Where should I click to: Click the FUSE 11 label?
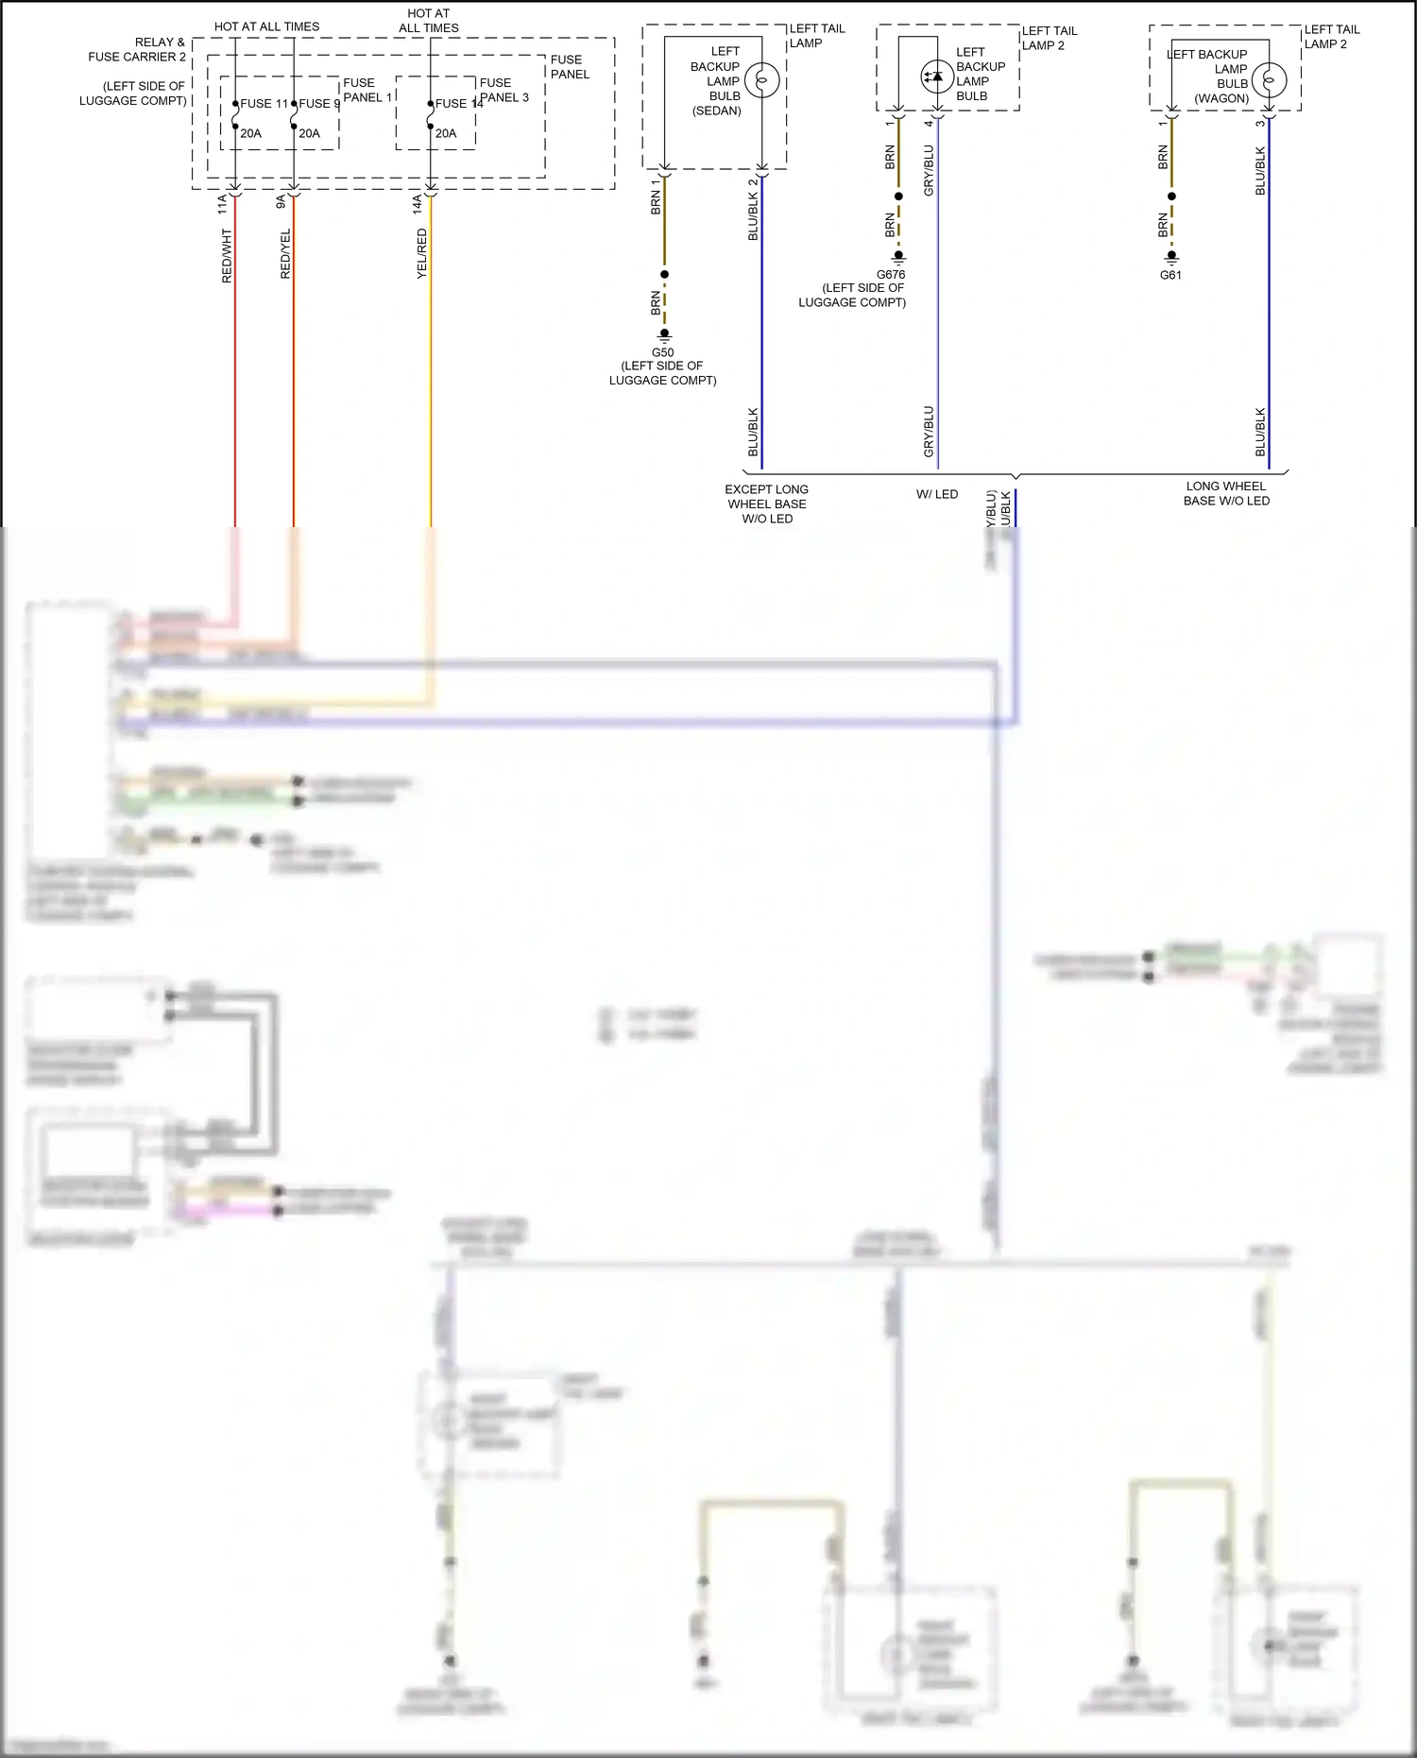click(264, 104)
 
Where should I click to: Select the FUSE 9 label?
click(319, 104)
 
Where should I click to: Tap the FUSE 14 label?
click(459, 104)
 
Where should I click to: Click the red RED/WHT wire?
click(235, 378)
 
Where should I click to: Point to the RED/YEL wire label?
click(285, 254)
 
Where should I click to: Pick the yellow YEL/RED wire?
click(431, 378)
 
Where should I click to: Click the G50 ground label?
click(662, 352)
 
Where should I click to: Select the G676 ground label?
click(890, 275)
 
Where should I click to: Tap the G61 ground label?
click(1170, 275)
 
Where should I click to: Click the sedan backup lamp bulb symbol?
click(761, 80)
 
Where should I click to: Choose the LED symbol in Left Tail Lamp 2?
click(936, 77)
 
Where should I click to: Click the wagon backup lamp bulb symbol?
click(1269, 81)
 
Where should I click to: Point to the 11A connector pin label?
click(223, 204)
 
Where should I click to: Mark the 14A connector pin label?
click(417, 204)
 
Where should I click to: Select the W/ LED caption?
click(937, 494)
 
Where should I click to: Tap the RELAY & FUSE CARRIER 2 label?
click(137, 49)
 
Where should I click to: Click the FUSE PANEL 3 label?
click(504, 90)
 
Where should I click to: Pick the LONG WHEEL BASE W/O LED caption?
click(1226, 493)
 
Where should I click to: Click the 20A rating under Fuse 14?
click(446, 133)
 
